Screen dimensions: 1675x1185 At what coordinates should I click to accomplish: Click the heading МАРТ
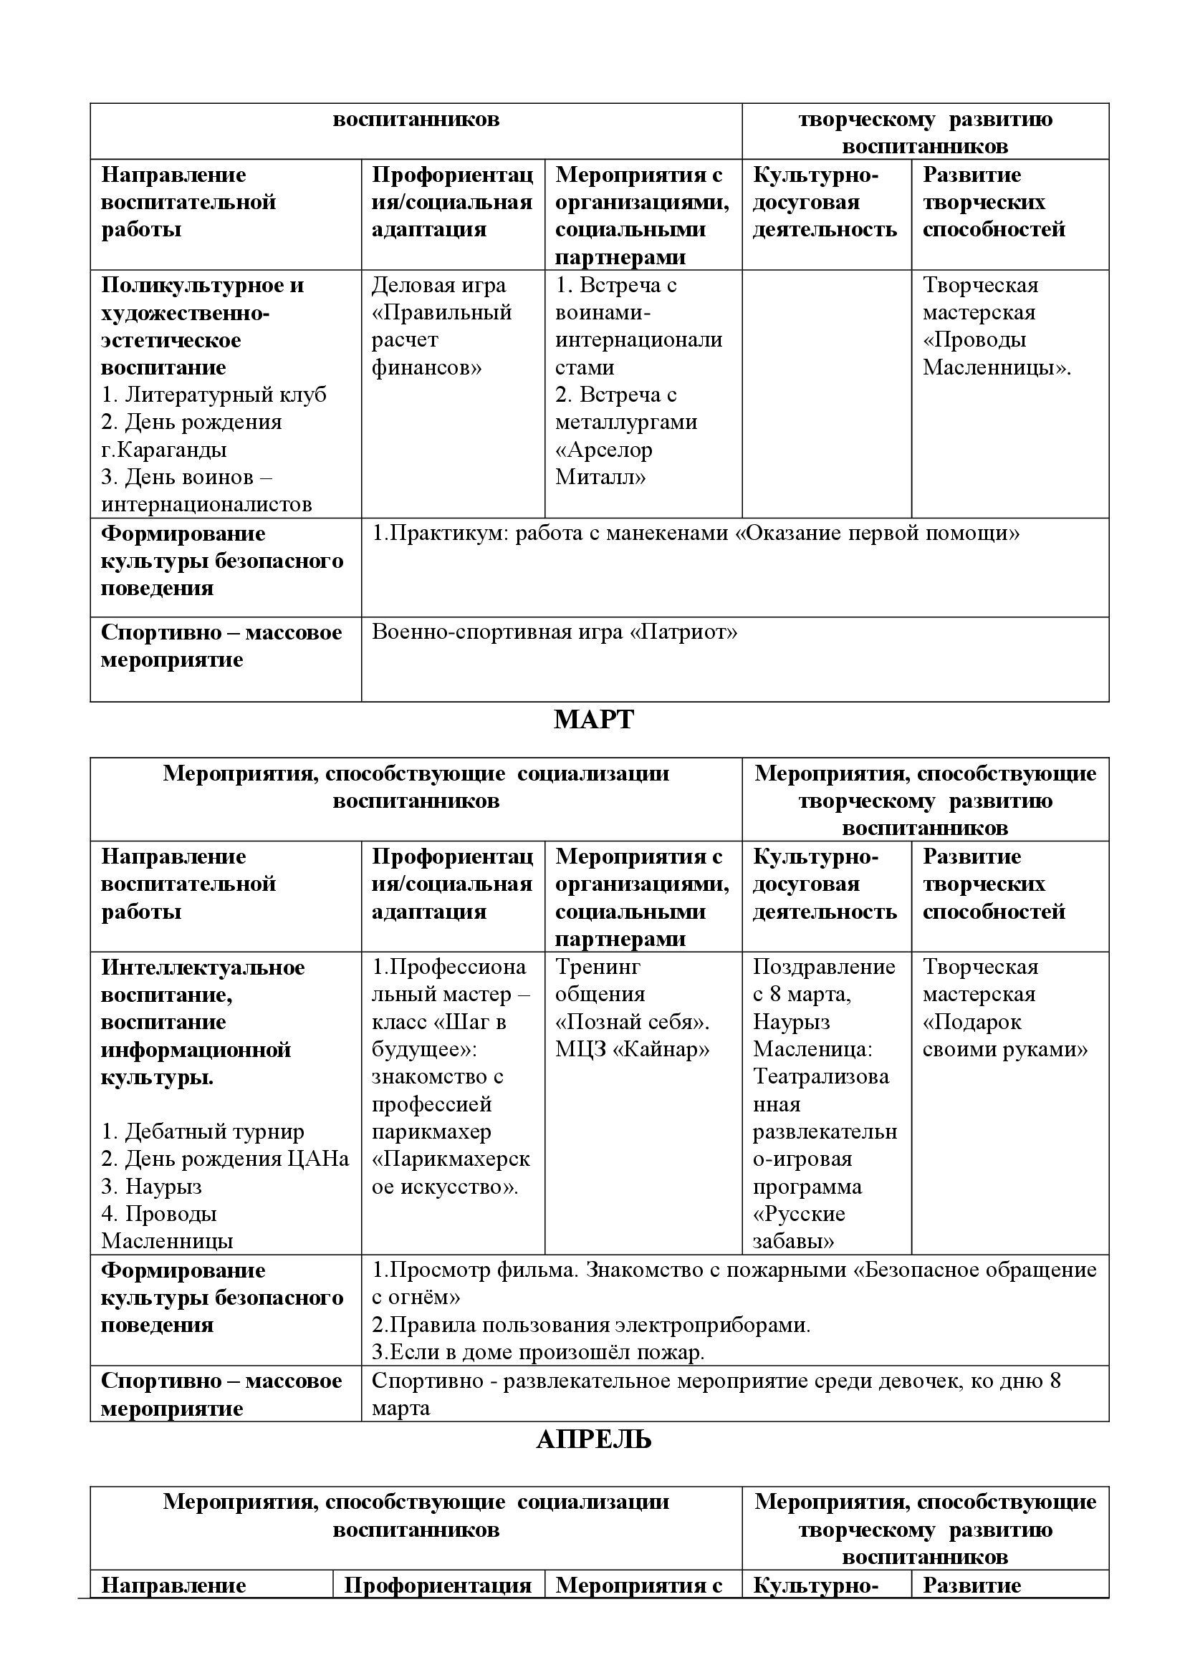(x=593, y=720)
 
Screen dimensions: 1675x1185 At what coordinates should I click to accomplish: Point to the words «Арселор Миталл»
(x=603, y=463)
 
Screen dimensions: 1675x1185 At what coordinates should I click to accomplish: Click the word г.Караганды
(x=163, y=450)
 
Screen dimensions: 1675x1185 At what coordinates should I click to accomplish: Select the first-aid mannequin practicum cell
(x=696, y=534)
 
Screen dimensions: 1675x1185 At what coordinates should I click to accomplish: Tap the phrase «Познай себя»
(x=633, y=1022)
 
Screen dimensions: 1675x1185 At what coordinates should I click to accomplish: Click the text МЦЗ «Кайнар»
(x=632, y=1050)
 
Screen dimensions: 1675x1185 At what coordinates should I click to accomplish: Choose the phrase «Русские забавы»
(x=799, y=1228)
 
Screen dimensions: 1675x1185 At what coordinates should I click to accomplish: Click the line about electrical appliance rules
(x=591, y=1325)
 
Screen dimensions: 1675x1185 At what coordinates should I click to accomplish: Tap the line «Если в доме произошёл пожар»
(x=539, y=1352)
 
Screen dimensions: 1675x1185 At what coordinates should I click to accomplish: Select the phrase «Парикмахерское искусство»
(x=450, y=1172)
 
